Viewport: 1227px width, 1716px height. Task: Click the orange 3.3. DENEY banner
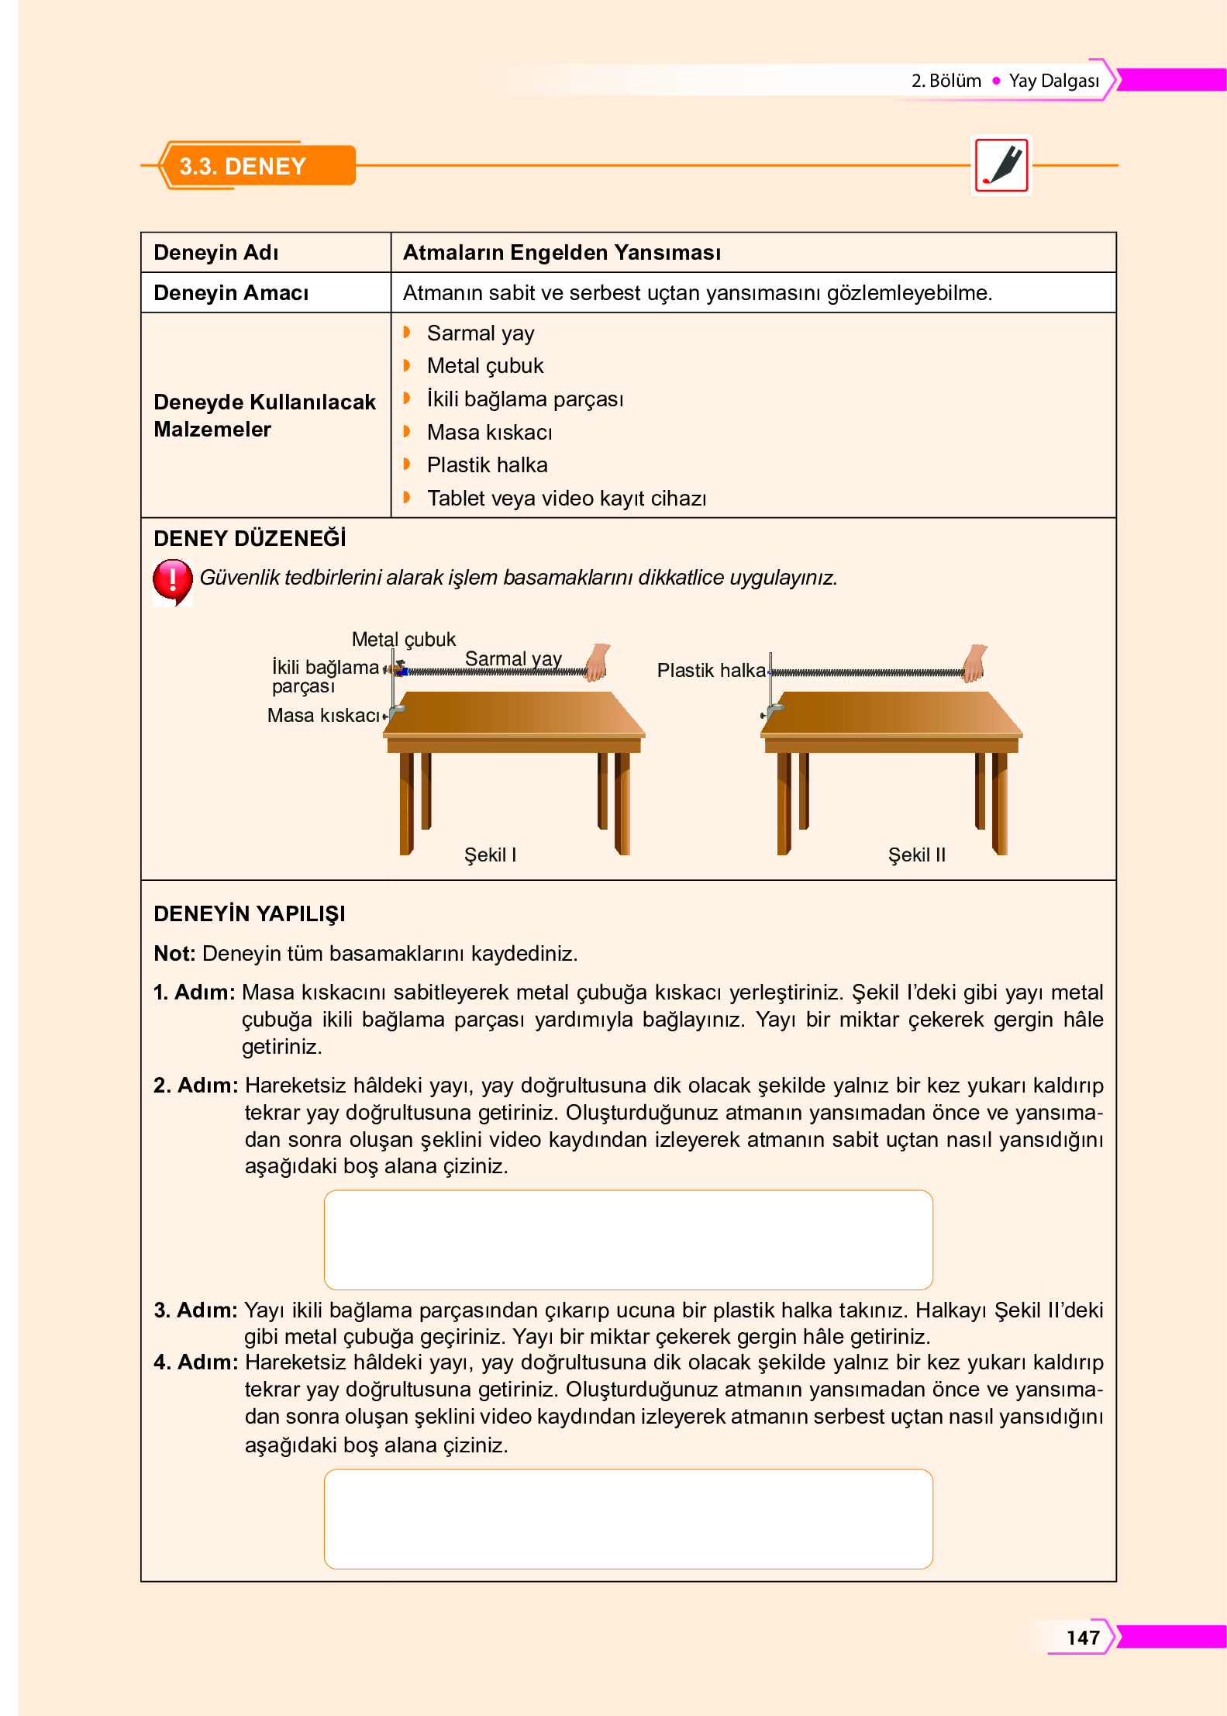256,166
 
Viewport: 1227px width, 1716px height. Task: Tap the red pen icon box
1001,165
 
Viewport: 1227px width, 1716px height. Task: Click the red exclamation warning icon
172,580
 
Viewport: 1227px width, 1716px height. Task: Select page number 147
1082,1637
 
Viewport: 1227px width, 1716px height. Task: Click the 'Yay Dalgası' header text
1053,81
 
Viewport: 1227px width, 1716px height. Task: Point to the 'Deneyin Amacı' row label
231,293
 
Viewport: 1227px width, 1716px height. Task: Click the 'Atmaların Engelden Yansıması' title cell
562,253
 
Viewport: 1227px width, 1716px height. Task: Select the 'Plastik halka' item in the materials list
487,465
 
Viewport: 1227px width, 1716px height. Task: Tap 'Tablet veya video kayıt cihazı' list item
566,499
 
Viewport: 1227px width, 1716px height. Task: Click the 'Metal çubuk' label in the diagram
403,639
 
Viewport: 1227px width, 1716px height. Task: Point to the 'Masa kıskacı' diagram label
323,715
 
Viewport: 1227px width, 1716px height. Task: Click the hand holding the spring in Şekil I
597,662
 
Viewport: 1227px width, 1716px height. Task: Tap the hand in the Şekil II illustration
974,662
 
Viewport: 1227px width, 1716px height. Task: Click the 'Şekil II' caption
916,855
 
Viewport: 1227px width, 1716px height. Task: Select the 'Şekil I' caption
490,855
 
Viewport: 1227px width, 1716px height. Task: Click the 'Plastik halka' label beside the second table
711,671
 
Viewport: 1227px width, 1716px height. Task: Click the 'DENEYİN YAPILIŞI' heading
250,914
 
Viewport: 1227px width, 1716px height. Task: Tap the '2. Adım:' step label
195,1086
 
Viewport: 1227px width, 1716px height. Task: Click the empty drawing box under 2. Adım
628,1239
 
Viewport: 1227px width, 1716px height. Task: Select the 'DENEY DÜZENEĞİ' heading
250,539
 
